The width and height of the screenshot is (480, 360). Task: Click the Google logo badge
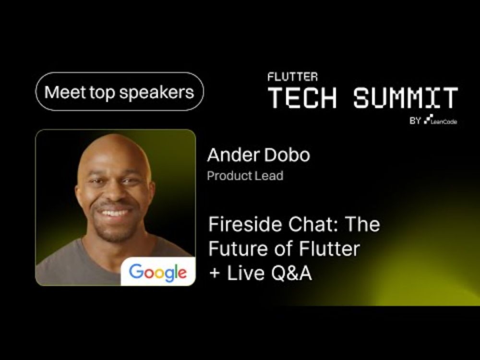(x=158, y=272)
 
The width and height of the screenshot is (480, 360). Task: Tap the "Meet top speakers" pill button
(x=120, y=92)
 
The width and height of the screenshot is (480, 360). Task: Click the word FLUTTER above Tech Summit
(x=293, y=77)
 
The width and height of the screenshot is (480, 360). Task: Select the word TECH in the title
(x=302, y=97)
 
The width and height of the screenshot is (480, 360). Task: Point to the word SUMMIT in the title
(x=406, y=97)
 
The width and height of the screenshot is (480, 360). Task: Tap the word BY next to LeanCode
(x=415, y=120)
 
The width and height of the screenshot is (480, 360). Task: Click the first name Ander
(x=233, y=155)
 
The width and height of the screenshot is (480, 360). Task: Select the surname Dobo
(x=287, y=155)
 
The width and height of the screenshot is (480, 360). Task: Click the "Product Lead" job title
(x=245, y=176)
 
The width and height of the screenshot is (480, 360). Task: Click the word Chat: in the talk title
(x=314, y=224)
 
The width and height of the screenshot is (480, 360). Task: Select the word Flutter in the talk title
(x=329, y=248)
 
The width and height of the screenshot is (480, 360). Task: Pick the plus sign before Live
(x=215, y=273)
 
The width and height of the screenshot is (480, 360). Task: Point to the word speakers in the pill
(x=156, y=93)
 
